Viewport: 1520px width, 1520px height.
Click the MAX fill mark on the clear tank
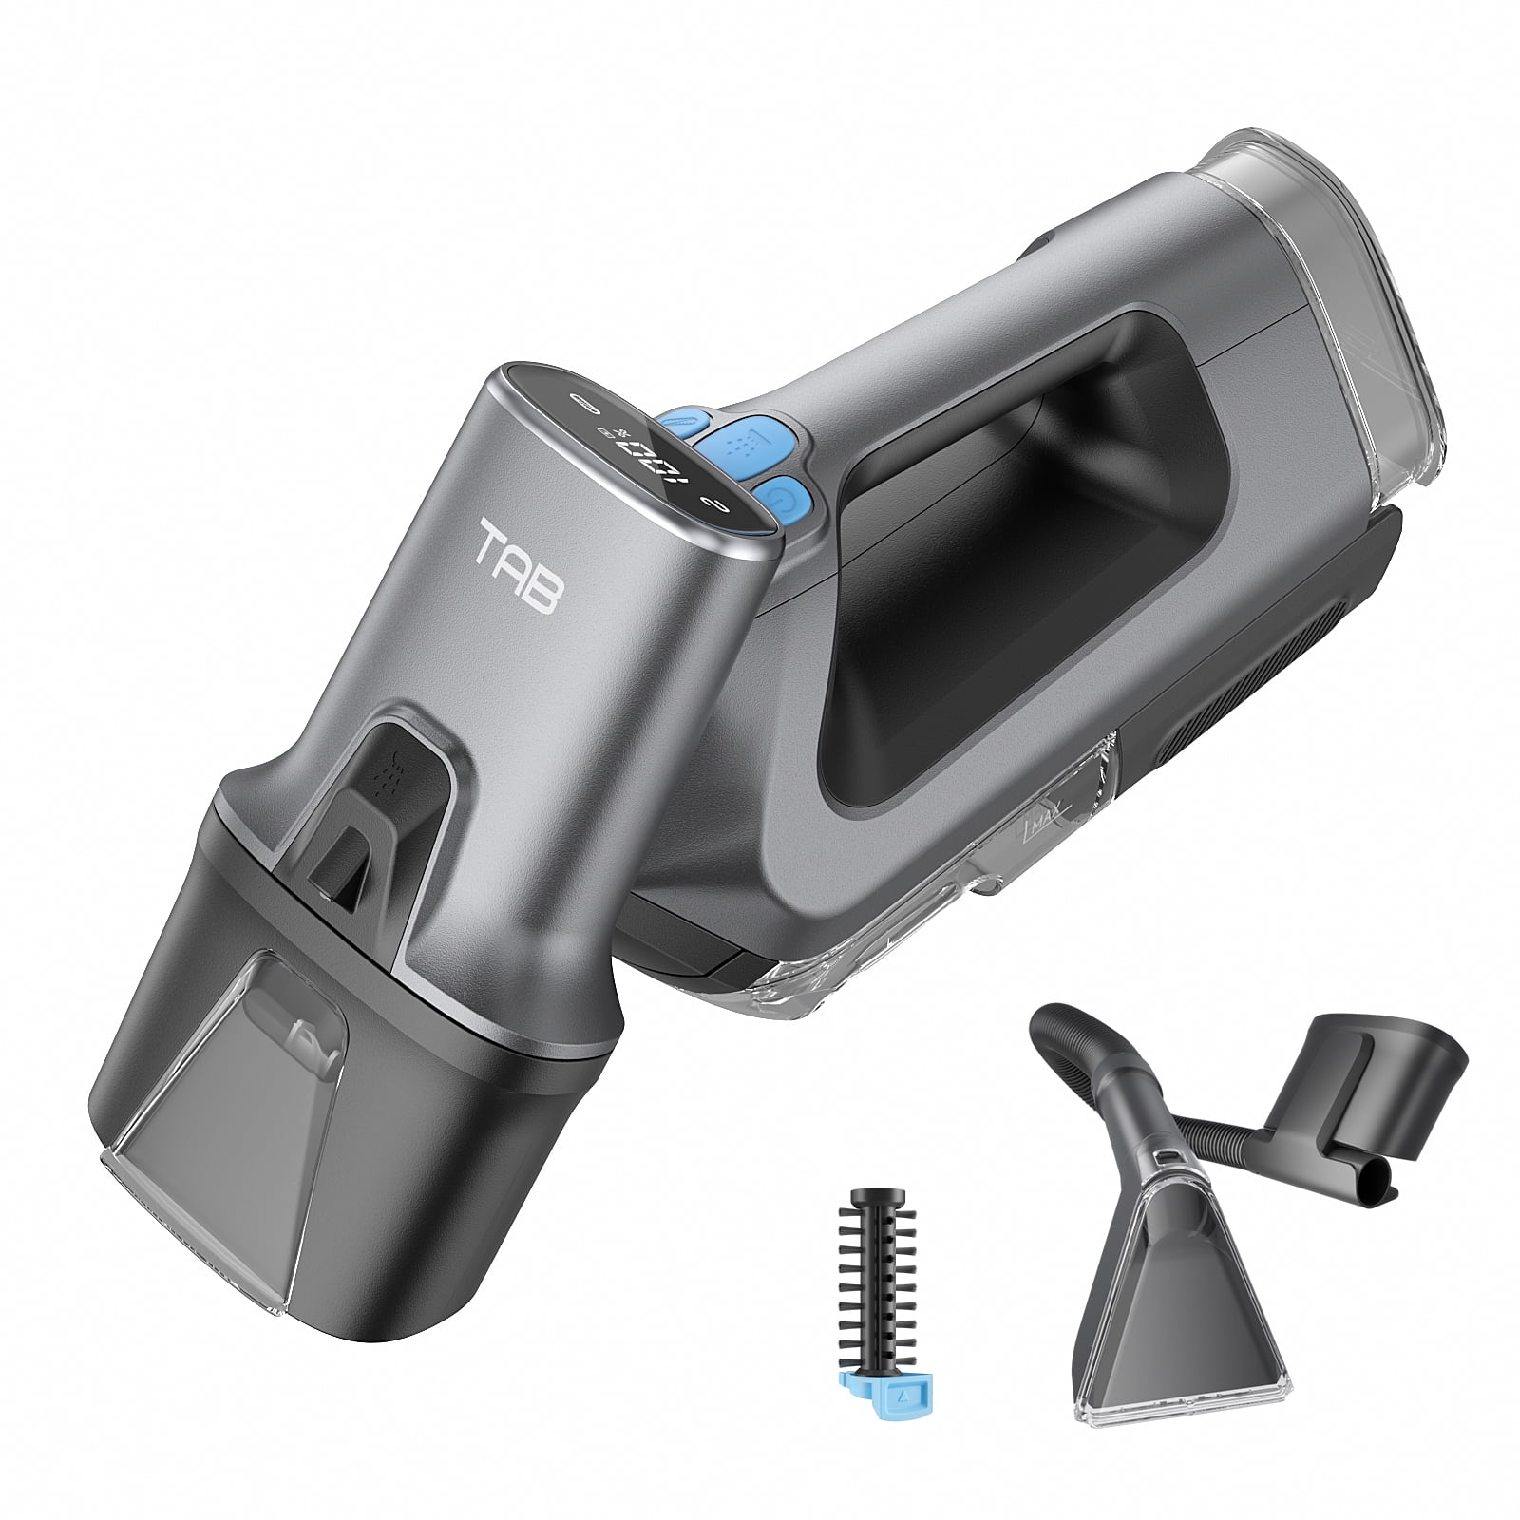(1046, 812)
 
